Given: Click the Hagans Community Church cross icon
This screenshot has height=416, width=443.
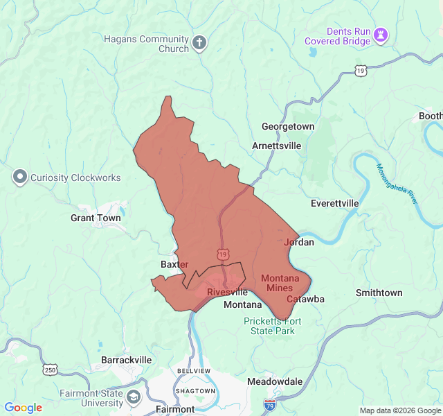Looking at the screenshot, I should tap(199, 43).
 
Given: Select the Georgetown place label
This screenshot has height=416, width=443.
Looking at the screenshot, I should tap(288, 126).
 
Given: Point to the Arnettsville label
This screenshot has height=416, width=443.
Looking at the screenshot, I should tap(277, 146).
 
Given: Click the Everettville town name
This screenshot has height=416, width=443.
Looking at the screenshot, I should tap(335, 203).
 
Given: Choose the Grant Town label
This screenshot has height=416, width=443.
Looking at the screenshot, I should tap(96, 218).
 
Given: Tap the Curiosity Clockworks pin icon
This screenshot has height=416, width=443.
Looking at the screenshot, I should tap(19, 177).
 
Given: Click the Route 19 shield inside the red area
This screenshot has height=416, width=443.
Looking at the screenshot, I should tap(222, 254).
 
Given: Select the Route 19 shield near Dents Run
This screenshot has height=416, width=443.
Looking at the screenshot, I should tap(360, 70).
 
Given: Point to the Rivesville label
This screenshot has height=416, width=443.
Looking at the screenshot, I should tap(227, 293).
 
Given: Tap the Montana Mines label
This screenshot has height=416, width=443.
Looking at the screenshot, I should tap(280, 283).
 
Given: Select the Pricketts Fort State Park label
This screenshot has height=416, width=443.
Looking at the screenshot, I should tap(269, 326).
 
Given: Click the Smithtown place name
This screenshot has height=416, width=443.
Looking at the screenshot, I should tap(379, 293).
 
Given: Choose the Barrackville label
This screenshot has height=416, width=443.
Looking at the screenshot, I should tap(127, 360).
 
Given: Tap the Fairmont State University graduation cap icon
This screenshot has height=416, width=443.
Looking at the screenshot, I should tap(134, 398).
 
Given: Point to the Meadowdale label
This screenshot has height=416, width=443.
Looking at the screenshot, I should tap(275, 381).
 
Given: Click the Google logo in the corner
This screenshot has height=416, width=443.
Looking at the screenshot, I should tap(24, 408).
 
